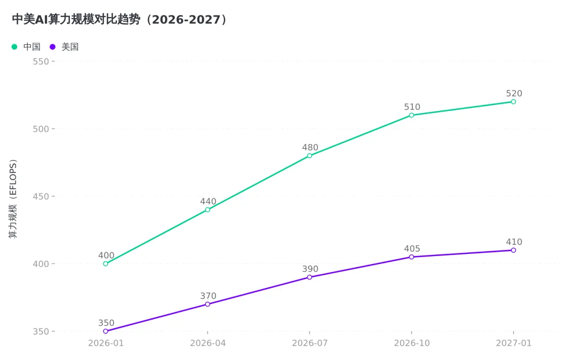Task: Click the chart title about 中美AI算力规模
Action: pos(119,20)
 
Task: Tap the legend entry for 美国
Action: pos(64,46)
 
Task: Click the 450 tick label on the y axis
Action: pos(41,196)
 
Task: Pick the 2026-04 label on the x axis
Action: pos(208,343)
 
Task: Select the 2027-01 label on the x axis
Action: pos(514,343)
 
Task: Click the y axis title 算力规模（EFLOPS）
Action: pos(13,199)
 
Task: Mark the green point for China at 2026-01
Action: pos(106,264)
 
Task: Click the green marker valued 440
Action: pos(207,210)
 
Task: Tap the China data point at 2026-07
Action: pos(310,156)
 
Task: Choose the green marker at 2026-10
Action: pos(411,115)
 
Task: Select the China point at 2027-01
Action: pos(514,102)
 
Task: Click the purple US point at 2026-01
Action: pos(106,331)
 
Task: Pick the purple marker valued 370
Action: pos(207,304)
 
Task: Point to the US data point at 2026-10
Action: pos(411,257)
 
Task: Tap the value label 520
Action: pos(514,93)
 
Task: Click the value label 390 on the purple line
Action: pos(310,269)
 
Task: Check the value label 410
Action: pos(514,242)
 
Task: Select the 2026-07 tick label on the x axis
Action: pos(310,343)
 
